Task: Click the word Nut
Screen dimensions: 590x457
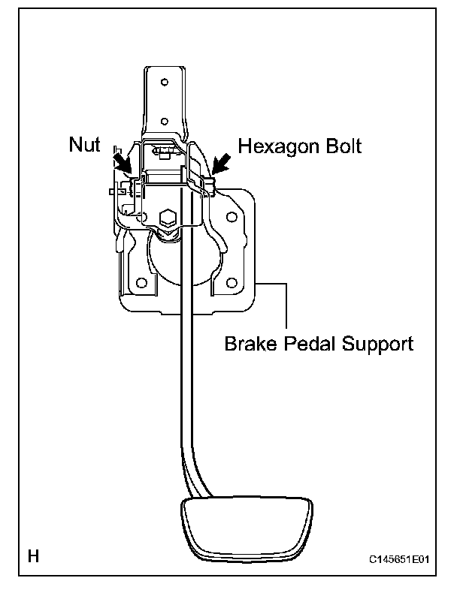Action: click(83, 145)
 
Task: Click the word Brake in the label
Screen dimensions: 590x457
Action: click(250, 345)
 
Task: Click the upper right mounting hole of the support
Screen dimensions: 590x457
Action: click(232, 219)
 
